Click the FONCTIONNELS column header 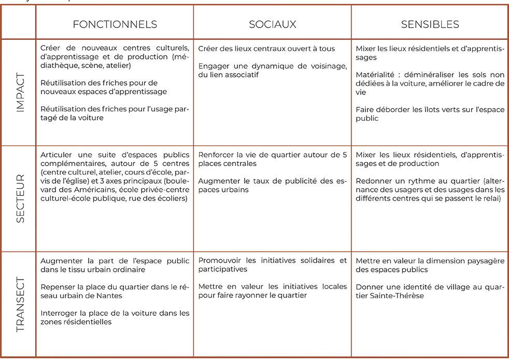tap(115, 24)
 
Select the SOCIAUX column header tap(272, 24)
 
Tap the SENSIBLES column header tap(430, 24)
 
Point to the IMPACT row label tap(20, 92)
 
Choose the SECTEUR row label tap(20, 199)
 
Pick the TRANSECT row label tap(20, 304)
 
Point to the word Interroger tap(58, 313)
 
